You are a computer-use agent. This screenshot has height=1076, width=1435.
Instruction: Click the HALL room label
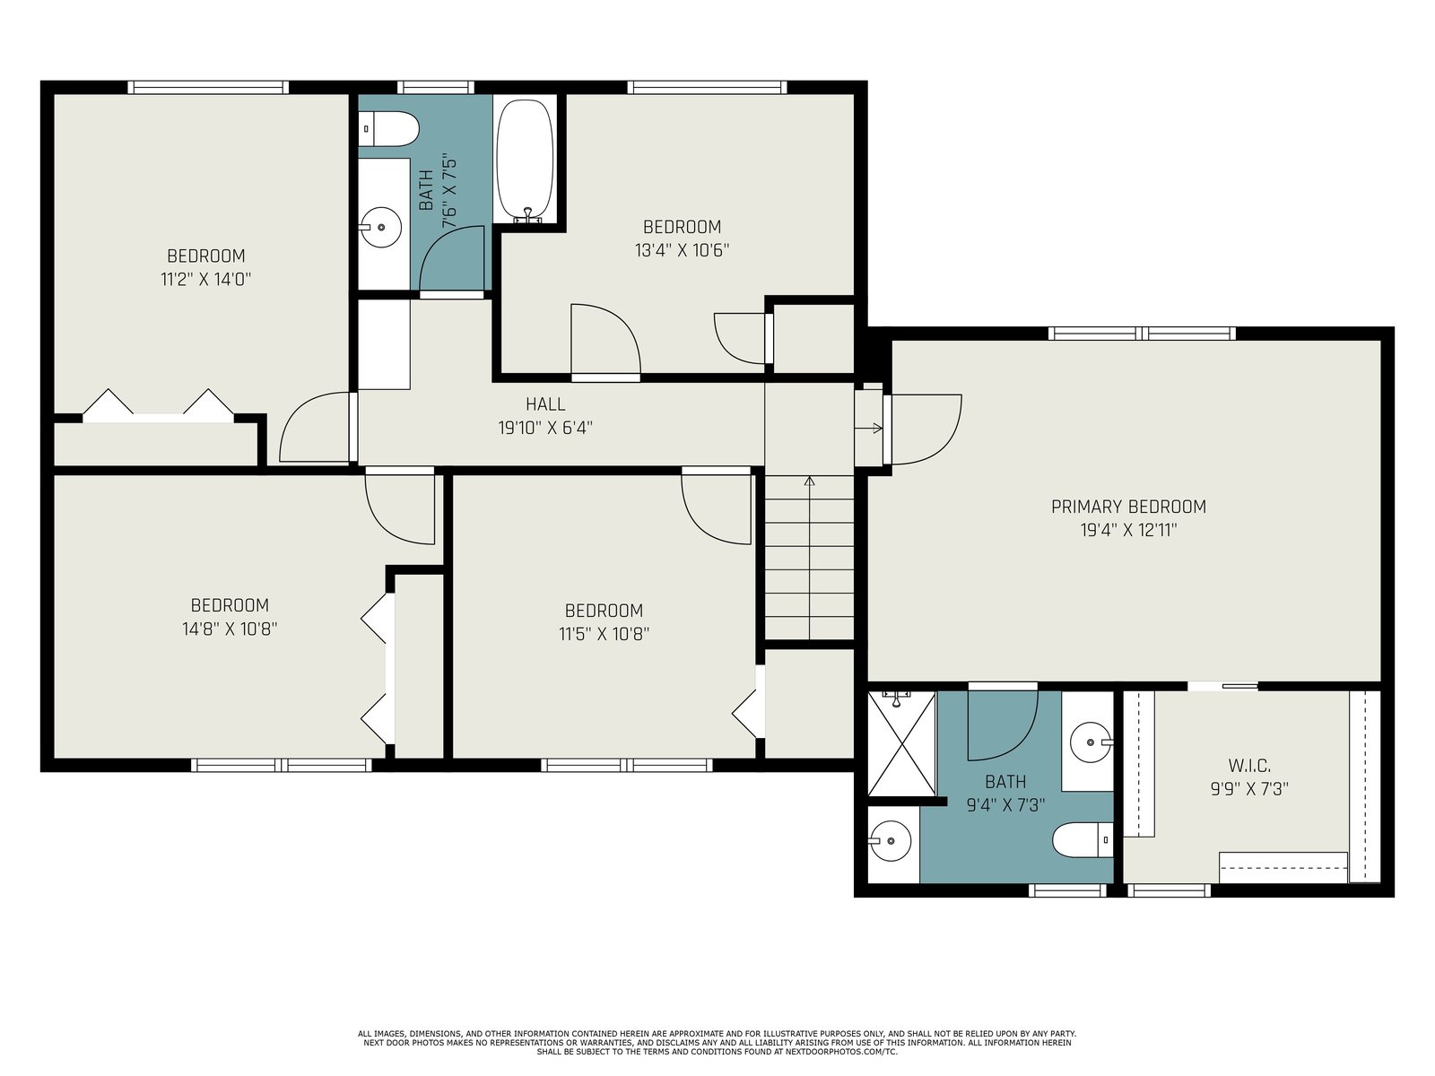545,404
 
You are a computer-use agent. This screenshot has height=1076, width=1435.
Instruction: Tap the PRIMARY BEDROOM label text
1128,507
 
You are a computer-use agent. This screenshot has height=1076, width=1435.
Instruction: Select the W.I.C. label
1248,765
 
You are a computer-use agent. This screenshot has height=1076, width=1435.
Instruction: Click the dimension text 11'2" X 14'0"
206,280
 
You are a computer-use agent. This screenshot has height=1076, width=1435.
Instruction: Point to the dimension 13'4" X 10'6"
682,250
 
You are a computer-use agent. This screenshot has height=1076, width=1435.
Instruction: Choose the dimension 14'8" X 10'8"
230,629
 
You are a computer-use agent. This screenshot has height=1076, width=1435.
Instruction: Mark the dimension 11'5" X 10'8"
604,634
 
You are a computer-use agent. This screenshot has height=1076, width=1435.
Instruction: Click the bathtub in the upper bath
525,161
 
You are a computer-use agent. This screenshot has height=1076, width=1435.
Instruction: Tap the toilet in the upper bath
388,129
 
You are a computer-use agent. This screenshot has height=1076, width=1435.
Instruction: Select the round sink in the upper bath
381,228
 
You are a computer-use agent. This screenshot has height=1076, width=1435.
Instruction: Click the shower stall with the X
901,743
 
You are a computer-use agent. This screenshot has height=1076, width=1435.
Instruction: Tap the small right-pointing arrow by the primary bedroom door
868,429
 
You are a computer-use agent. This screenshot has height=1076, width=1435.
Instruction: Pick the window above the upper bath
435,87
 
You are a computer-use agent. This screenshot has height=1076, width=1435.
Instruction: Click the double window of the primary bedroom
1142,334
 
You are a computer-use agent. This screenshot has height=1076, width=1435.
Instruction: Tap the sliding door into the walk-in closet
1222,686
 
